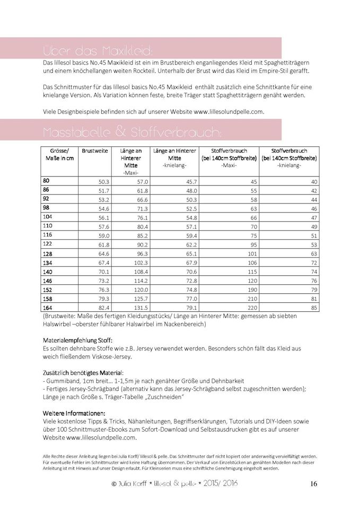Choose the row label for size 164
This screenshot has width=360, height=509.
48,307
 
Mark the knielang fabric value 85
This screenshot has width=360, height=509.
314,308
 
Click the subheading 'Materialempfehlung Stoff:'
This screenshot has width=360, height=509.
77,339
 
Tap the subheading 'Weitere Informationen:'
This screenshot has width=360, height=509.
73,413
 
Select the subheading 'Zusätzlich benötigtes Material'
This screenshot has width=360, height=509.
82,373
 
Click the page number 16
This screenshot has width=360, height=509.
313,484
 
